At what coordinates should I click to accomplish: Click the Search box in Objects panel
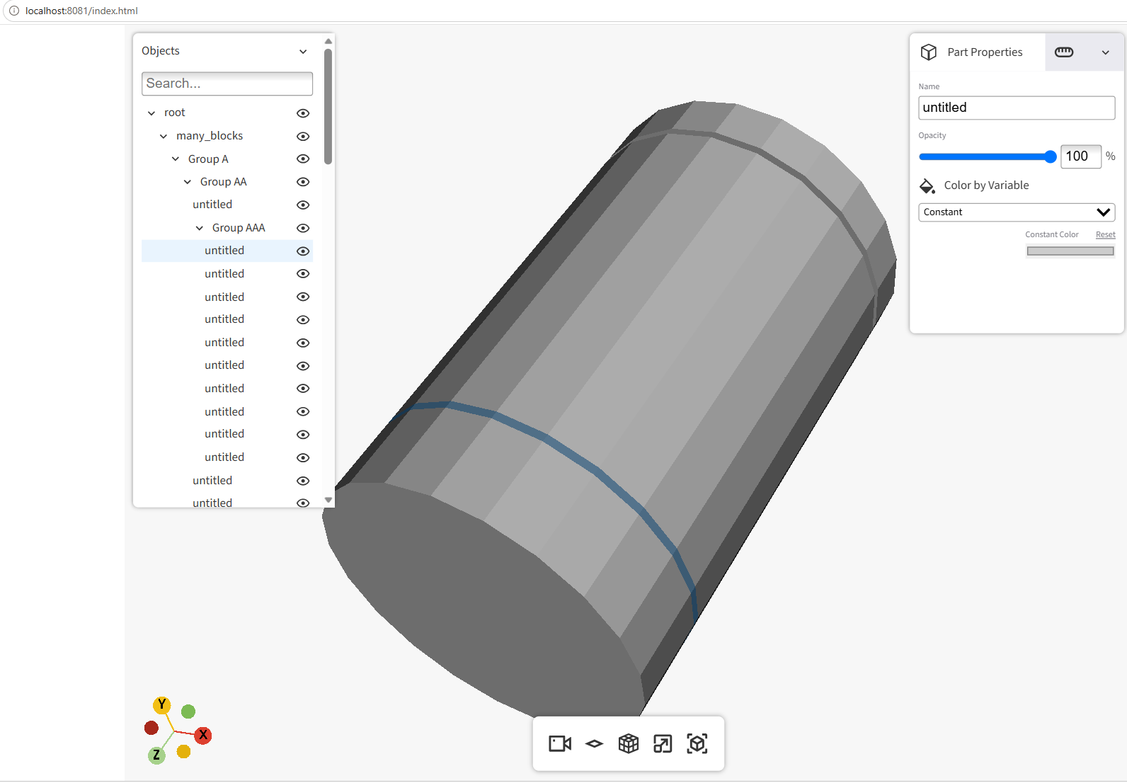point(227,84)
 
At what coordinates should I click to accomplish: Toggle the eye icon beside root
point(303,113)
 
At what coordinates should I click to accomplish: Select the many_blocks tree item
point(210,136)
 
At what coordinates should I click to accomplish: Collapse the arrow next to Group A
point(176,159)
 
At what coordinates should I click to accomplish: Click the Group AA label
point(224,182)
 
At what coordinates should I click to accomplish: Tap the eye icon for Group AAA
point(303,228)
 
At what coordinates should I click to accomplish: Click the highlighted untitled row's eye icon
point(303,251)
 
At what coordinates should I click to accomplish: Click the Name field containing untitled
point(1017,108)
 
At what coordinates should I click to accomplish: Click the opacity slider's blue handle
point(1050,157)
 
